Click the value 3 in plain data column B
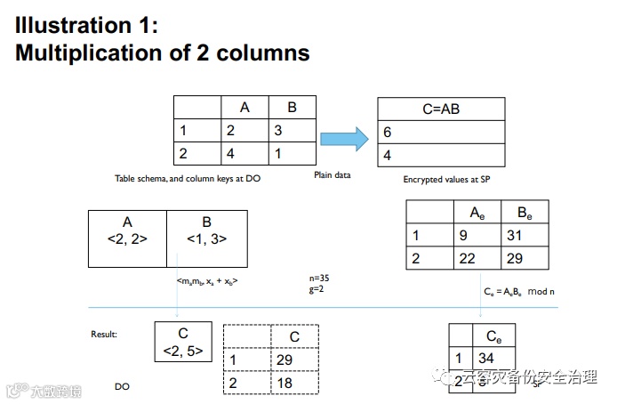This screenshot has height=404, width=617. (x=279, y=130)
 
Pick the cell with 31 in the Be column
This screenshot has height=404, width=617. (x=514, y=237)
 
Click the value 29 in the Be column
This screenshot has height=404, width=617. (x=514, y=260)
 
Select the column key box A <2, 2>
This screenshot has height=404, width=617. (x=127, y=230)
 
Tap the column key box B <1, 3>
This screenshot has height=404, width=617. (x=207, y=230)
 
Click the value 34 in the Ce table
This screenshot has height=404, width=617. (x=486, y=359)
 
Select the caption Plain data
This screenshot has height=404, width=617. (x=333, y=175)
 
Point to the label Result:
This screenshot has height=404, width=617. (x=105, y=335)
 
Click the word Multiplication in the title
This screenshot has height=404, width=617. (x=92, y=53)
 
